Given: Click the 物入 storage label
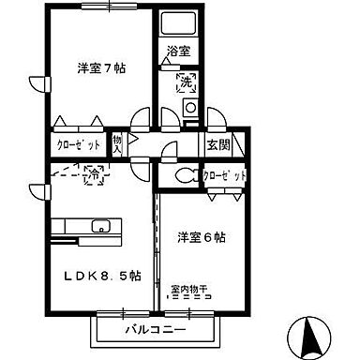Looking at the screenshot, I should click(117, 144).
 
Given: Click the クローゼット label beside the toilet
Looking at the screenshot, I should click(224, 176).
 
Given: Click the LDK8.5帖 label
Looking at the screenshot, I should click(103, 276).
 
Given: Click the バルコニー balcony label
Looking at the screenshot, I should click(156, 331).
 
